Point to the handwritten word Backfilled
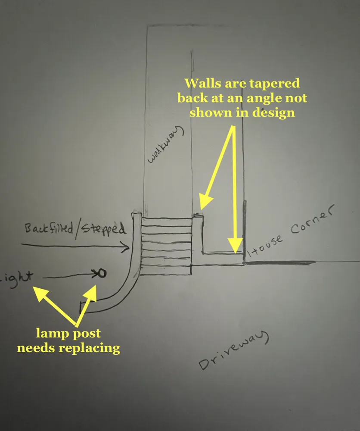point(49,229)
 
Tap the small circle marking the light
point(102,273)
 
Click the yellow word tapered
point(271,83)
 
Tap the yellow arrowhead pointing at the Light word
point(40,294)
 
